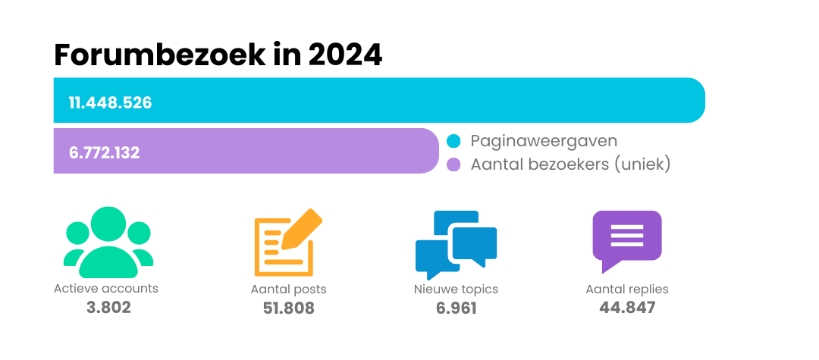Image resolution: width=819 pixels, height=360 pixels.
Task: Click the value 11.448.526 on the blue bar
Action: tap(111, 102)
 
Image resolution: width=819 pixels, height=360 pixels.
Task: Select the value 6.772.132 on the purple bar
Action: tap(105, 152)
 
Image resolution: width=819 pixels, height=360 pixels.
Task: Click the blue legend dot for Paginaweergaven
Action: tap(453, 142)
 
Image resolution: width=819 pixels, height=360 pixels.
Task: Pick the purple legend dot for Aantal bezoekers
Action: tap(453, 164)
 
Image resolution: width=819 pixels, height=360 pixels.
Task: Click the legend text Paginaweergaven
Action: tap(544, 142)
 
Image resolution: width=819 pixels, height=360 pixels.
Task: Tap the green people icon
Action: tap(108, 243)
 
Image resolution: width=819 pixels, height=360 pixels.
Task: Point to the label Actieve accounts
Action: tap(106, 289)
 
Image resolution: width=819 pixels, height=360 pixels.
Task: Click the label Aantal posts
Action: tap(289, 290)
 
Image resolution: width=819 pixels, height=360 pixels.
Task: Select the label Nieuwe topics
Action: tap(456, 290)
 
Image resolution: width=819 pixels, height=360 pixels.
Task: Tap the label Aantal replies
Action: tap(627, 290)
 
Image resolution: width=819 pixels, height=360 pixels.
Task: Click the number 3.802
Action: tap(108, 308)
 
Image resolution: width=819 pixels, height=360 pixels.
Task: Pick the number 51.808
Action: tap(288, 308)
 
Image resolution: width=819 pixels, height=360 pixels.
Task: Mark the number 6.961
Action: tap(456, 308)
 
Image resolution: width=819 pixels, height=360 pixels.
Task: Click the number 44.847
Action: tap(627, 308)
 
